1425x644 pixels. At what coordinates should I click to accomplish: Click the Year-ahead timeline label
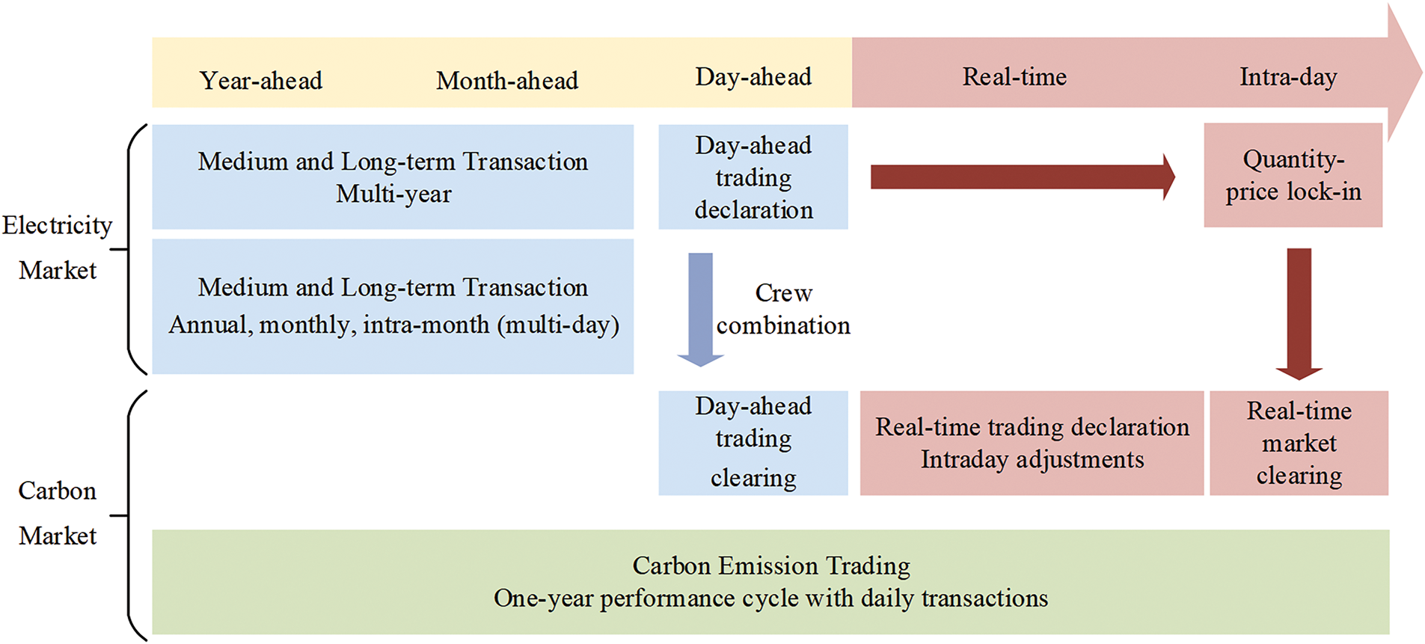[x=261, y=81]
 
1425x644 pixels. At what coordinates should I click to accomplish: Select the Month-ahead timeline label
[x=507, y=81]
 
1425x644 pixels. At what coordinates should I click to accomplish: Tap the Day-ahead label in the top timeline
[x=753, y=77]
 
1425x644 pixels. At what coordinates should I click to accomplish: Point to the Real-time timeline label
[x=1014, y=76]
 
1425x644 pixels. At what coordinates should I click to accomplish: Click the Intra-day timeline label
[x=1288, y=77]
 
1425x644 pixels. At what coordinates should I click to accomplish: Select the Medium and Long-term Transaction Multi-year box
[x=393, y=177]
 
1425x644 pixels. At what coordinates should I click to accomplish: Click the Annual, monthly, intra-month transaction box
[x=393, y=307]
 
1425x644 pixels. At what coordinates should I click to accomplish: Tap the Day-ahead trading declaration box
[x=753, y=177]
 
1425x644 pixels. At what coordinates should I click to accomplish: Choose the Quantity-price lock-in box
[x=1293, y=175]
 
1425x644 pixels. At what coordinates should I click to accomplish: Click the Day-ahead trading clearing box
[x=753, y=443]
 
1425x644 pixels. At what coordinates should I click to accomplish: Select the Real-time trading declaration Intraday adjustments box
[x=1032, y=443]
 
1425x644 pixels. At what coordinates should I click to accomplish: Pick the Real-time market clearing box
[x=1299, y=443]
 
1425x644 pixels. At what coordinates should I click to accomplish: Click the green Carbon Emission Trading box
[x=770, y=582]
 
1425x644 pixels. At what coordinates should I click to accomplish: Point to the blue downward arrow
[x=700, y=310]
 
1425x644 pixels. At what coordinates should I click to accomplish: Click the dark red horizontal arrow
[x=1023, y=177]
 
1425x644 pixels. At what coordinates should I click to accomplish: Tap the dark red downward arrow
[x=1299, y=314]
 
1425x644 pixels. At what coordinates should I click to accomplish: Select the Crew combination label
[x=783, y=309]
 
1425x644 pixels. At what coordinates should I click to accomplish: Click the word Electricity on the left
[x=57, y=225]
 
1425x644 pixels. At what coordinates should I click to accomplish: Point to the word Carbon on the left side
[x=58, y=491]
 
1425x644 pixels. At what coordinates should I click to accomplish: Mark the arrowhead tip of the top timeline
[x=1422, y=73]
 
